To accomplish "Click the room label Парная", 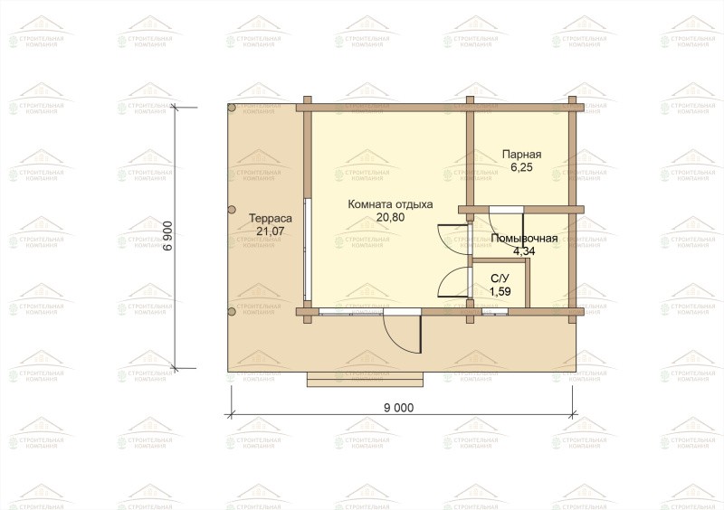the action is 521,154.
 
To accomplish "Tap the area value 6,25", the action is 521,167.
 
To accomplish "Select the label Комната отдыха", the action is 390,204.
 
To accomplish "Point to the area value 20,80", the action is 390,217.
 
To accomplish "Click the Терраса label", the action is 271,218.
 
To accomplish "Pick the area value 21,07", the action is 271,231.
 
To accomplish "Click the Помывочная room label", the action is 524,238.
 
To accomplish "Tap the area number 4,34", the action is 524,251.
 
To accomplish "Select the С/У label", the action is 500,279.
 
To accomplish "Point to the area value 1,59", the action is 500,291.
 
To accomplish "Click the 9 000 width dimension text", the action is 399,408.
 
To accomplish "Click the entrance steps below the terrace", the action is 366,379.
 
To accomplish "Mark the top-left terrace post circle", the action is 232,108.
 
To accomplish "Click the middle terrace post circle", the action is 232,209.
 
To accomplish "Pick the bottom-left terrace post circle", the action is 232,312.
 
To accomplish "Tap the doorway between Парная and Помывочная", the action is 506,210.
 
